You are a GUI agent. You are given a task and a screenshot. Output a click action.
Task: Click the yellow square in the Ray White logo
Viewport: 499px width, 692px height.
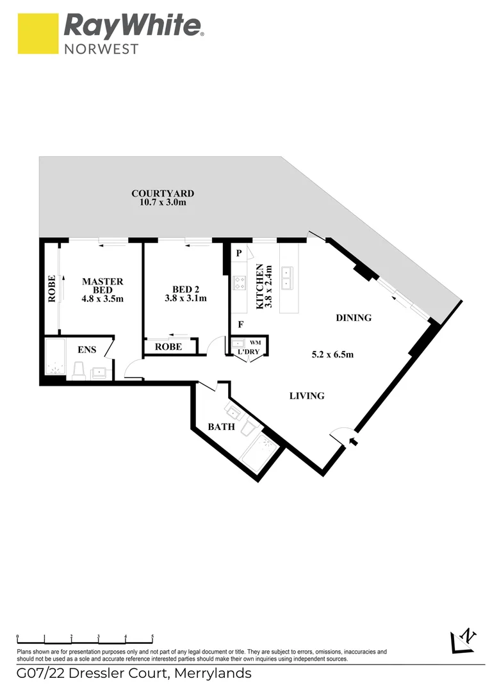click(x=38, y=34)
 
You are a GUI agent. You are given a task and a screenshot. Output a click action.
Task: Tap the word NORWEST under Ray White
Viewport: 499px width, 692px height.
click(x=101, y=48)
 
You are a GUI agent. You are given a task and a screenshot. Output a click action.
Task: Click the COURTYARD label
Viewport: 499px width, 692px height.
click(x=163, y=194)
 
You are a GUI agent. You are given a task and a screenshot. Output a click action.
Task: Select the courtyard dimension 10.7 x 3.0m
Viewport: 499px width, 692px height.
click(x=163, y=202)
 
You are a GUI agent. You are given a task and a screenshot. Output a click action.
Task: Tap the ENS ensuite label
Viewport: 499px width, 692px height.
click(x=87, y=350)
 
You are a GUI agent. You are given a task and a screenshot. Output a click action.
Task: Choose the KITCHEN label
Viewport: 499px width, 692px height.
click(x=260, y=286)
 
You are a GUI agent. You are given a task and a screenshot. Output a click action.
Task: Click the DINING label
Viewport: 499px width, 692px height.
click(x=354, y=318)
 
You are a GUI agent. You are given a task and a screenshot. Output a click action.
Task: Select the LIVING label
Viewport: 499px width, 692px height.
click(x=307, y=396)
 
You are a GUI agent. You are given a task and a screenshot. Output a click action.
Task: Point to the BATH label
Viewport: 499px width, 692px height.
click(x=221, y=427)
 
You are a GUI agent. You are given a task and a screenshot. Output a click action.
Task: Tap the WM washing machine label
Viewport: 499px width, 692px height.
click(x=255, y=343)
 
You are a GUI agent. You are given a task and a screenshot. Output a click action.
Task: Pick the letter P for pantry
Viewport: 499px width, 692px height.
click(x=239, y=253)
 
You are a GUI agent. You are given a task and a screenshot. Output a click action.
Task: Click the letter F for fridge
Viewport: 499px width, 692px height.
click(x=240, y=324)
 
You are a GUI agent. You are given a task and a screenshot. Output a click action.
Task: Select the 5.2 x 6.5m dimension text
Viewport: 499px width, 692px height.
click(x=332, y=354)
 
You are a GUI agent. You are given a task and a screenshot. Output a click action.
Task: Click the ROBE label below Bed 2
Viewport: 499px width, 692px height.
click(x=168, y=347)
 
